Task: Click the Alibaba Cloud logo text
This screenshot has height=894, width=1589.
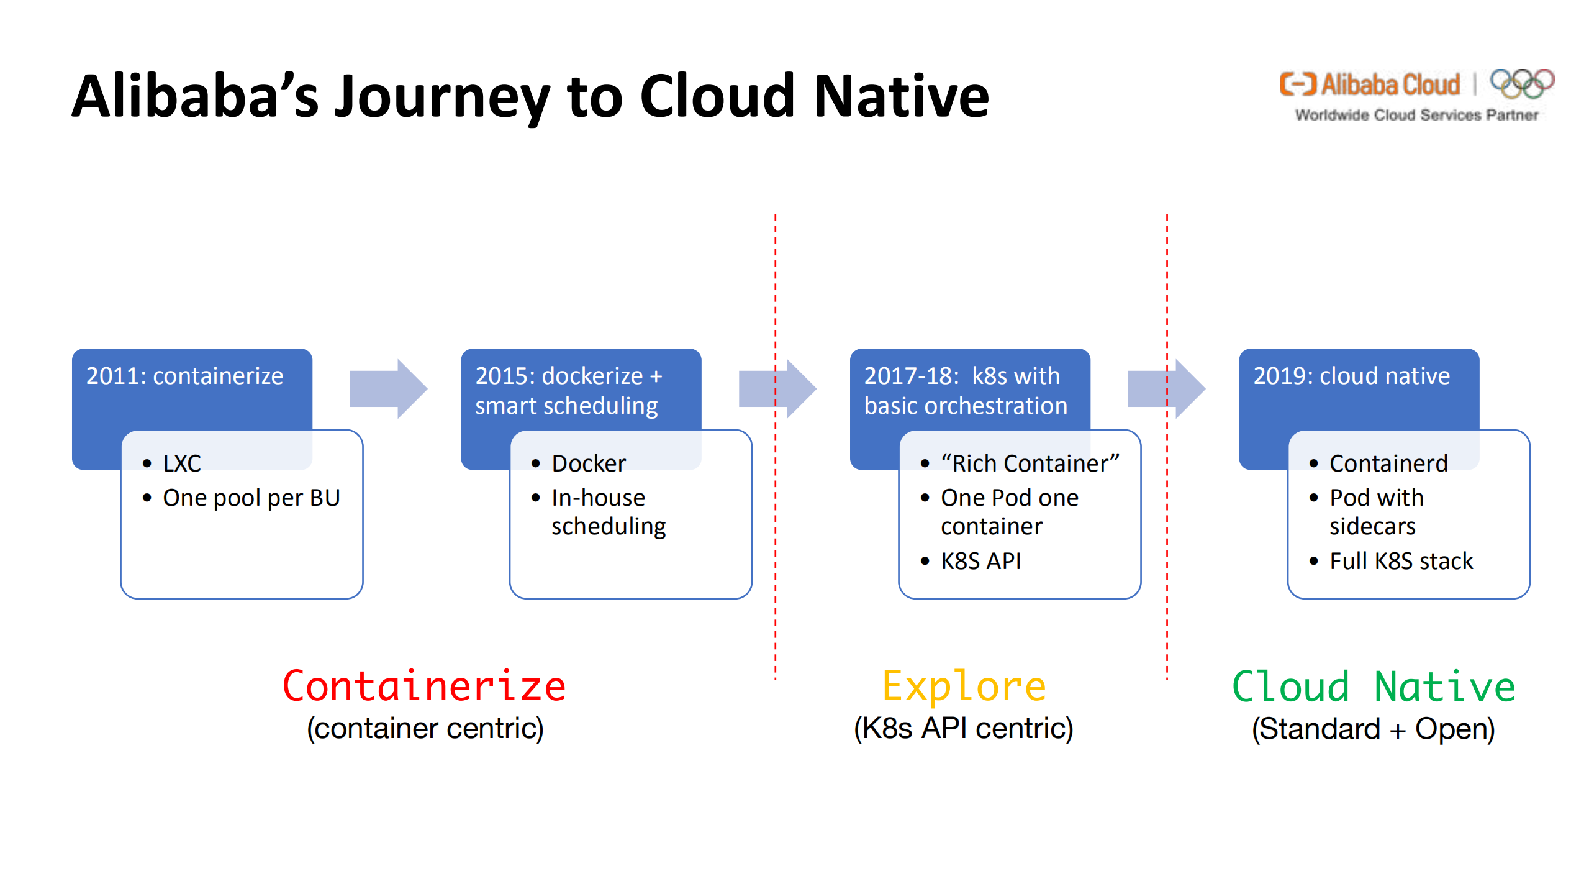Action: pos(1390,84)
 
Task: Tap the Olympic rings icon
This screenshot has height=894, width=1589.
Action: pos(1521,83)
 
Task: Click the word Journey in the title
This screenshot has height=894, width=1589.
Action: pos(441,98)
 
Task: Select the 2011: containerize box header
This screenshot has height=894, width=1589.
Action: pos(184,376)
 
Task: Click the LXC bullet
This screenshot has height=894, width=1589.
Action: pos(181,463)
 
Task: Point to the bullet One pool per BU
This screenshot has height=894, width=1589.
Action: pos(251,498)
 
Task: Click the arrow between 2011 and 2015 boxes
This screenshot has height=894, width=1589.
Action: pos(388,388)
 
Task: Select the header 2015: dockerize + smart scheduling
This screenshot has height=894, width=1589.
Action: pos(568,390)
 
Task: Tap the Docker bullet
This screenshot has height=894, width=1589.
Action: pos(588,463)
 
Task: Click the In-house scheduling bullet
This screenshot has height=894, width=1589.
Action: pos(607,511)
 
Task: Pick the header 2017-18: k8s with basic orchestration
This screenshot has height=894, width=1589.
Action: pos(964,390)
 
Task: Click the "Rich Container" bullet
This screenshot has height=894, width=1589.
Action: pos(1030,463)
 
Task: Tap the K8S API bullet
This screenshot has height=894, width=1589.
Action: pos(980,561)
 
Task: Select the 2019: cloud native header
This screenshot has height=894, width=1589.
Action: pos(1351,376)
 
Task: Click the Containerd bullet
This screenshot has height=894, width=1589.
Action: pos(1388,463)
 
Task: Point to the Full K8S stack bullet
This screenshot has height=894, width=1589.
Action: pos(1400,561)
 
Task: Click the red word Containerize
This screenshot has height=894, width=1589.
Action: pos(424,686)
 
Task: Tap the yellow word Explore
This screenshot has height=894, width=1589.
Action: pos(964,686)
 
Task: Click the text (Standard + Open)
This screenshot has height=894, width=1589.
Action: pos(1373,729)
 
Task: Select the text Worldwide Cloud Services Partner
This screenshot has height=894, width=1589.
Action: pos(1416,116)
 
